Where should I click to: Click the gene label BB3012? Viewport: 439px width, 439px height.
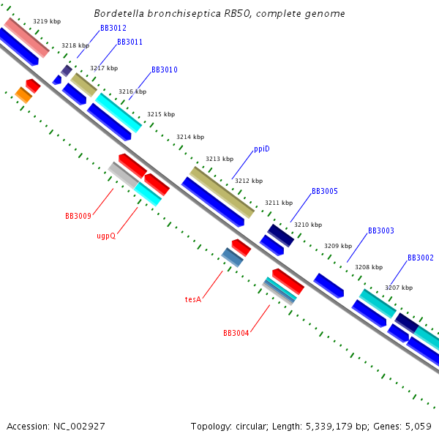point(113,28)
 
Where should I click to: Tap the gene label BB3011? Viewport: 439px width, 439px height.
point(130,42)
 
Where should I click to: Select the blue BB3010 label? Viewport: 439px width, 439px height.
point(165,70)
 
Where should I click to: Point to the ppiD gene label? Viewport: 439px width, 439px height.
point(262,149)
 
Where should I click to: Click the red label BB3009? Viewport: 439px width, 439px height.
point(78,216)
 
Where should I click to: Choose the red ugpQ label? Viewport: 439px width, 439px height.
point(106,236)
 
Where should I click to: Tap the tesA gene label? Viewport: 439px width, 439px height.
point(193,299)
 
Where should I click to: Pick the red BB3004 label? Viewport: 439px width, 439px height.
point(236,333)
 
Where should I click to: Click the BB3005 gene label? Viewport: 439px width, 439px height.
point(325,191)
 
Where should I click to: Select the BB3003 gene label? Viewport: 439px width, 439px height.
point(381,230)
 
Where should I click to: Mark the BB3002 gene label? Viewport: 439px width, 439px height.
point(421,258)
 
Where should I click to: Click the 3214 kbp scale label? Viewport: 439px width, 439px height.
point(190,137)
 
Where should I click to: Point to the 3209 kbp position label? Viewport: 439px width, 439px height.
point(338,246)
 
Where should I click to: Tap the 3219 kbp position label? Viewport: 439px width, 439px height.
point(47,21)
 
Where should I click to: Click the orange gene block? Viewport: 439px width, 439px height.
point(23,95)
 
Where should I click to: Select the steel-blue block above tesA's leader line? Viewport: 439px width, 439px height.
point(233,258)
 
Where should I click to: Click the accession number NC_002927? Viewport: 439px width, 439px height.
point(79,427)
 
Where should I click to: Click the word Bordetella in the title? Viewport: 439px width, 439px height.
point(119,13)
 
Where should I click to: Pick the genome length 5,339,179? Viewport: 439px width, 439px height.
point(329,427)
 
